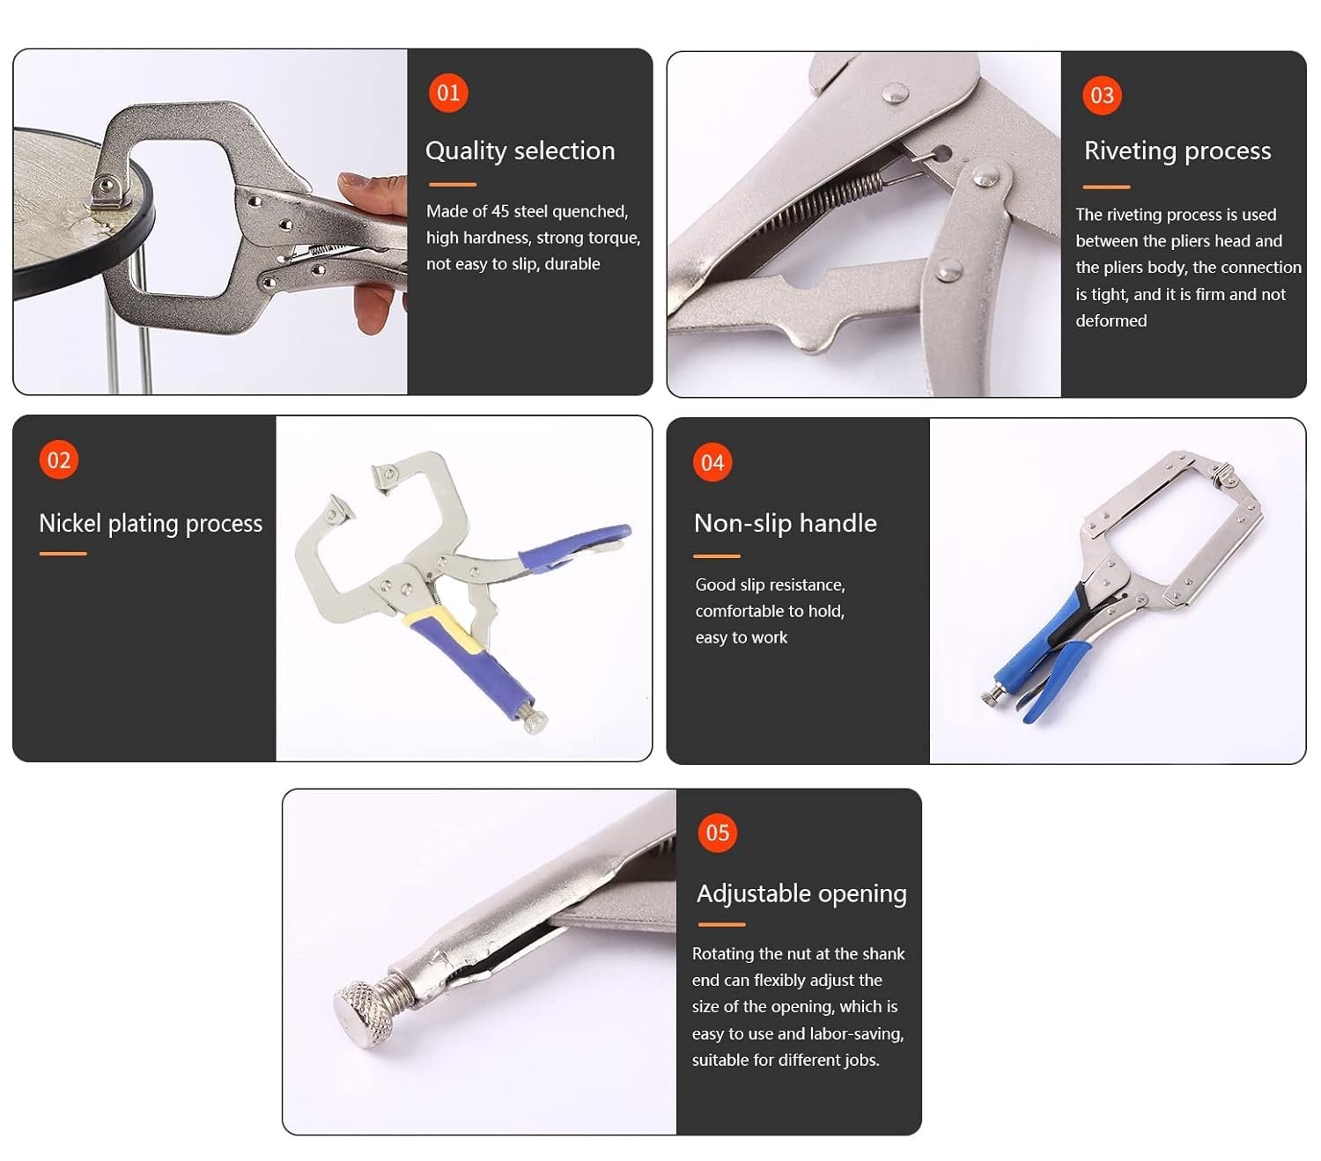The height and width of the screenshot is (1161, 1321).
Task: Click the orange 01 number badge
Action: click(x=448, y=93)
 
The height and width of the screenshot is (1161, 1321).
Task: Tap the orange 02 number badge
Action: click(x=59, y=460)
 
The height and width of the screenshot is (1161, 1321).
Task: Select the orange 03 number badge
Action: click(x=1102, y=96)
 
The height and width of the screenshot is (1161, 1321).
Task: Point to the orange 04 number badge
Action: click(x=712, y=463)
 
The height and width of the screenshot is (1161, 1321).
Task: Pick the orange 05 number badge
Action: click(x=717, y=833)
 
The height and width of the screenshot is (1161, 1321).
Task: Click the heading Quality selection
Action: click(x=520, y=151)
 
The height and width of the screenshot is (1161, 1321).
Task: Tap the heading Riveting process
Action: click(x=1177, y=151)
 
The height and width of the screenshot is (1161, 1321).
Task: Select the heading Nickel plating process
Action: click(x=151, y=524)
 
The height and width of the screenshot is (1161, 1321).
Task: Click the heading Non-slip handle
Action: click(x=785, y=523)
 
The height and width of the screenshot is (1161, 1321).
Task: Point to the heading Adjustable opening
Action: click(x=801, y=893)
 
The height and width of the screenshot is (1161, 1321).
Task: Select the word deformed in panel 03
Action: click(x=1111, y=320)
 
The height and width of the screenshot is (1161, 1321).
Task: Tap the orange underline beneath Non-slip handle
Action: click(x=716, y=556)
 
